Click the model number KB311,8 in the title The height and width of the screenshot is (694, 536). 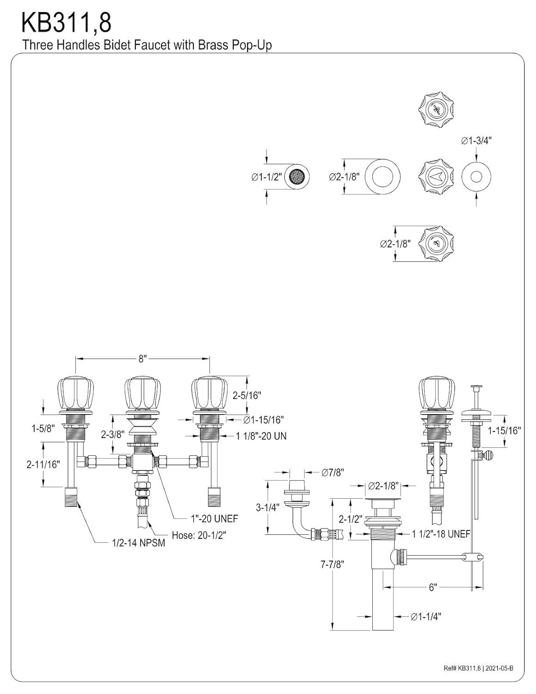tap(66, 23)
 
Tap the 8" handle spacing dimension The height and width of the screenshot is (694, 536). tap(142, 359)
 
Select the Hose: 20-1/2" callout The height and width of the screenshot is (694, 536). tap(199, 535)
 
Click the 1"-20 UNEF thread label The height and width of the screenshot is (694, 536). tap(215, 519)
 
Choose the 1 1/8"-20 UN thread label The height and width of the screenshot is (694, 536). tap(261, 436)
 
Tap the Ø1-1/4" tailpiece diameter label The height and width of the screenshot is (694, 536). tap(426, 616)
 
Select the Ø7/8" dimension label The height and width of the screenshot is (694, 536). tap(333, 472)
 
